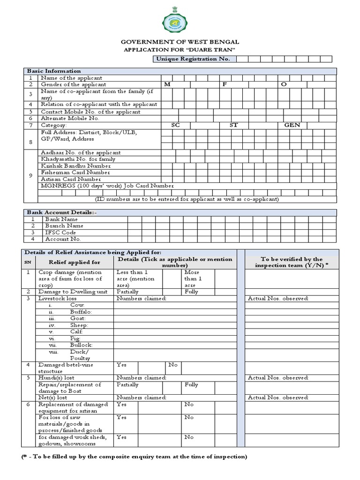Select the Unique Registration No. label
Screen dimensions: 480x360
tap(193, 59)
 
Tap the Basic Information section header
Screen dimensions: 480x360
tap(54, 71)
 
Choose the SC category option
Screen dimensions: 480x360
tap(175, 125)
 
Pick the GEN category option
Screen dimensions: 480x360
tap(292, 125)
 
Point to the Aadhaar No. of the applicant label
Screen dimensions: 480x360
tap(81, 152)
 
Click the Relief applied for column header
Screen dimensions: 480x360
tap(75, 262)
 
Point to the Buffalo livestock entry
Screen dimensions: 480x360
tap(81, 312)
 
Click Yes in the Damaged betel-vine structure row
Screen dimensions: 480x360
tap(121, 365)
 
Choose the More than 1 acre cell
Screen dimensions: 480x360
tap(192, 278)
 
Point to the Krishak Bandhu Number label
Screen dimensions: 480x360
tap(76, 166)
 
